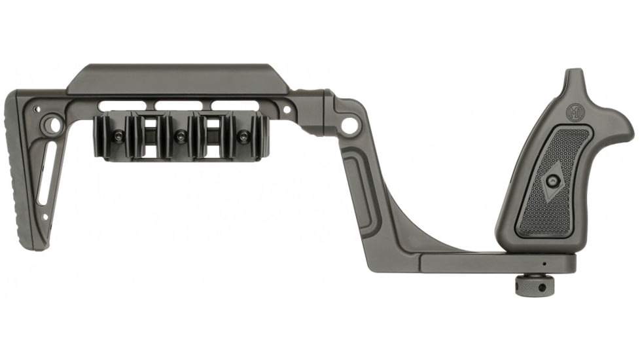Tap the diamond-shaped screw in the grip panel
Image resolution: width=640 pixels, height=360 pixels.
(551, 179)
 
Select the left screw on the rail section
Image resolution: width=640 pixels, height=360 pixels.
(118, 137)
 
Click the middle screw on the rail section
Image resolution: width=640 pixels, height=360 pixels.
(181, 137)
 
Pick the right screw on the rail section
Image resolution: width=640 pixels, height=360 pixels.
(243, 137)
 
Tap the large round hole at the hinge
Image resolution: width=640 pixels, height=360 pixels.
(351, 125)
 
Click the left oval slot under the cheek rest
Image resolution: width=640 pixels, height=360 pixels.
(122, 105)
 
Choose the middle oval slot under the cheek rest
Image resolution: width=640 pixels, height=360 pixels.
(179, 105)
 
